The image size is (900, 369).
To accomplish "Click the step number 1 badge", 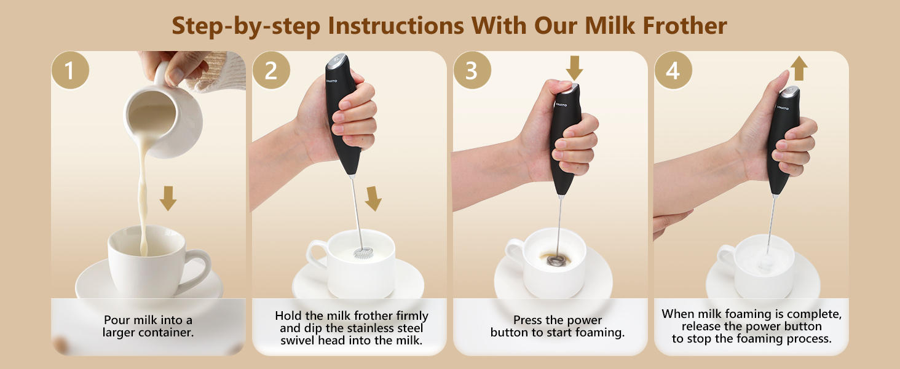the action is pos(70,70).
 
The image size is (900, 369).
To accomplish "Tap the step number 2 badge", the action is pos(271,70).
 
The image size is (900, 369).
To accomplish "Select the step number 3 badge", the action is pos(472,70).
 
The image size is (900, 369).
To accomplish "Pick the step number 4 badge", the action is pos(673,70).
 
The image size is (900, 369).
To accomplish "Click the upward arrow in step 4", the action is pos(799,68).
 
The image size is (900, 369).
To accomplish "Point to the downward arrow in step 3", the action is pos(575,68).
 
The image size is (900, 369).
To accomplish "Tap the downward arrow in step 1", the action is pos(168,199).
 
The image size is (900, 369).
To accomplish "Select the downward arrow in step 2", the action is pos(374,199).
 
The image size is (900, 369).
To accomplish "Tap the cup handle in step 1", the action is pos(198,269).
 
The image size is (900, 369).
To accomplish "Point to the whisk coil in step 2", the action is pos(363,253).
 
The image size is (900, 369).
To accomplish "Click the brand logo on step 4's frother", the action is pos(783,108).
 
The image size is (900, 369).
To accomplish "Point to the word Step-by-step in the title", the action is pos(246,26).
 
